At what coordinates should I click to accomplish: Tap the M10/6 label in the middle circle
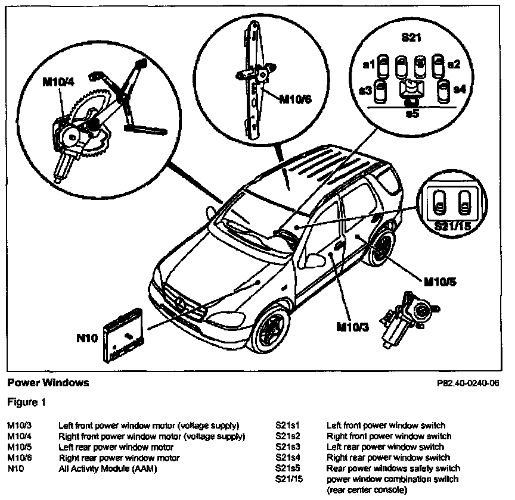coord(296,98)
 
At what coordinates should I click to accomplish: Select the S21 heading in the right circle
coord(412,37)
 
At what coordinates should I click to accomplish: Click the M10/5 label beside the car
coord(440,281)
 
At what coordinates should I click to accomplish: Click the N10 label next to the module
coord(87,338)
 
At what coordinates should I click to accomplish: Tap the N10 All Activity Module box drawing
coord(125,337)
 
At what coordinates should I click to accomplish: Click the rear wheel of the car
coord(381,249)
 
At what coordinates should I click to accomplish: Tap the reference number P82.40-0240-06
coord(467,383)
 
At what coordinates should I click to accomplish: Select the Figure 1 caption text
coord(26,402)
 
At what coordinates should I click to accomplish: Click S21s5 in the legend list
coord(288,468)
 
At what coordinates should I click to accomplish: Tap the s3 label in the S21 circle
coord(366,90)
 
